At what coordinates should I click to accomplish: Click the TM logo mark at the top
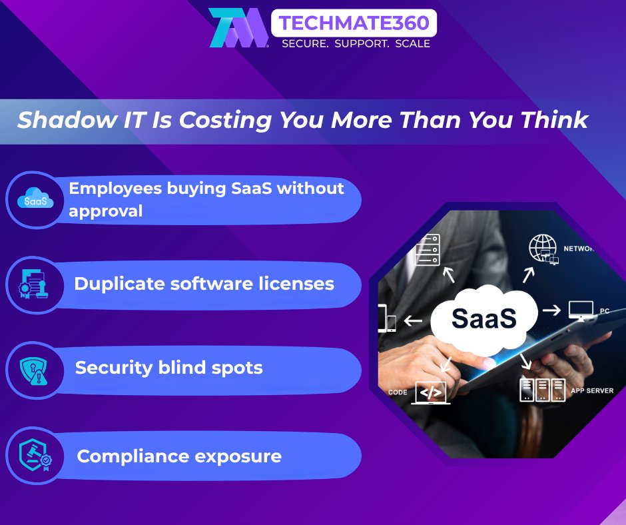(x=238, y=27)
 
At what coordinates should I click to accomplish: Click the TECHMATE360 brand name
(x=354, y=23)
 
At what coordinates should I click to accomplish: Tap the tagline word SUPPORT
(x=362, y=43)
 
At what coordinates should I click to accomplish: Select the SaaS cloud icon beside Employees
(x=35, y=199)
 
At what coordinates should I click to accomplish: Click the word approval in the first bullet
(x=105, y=211)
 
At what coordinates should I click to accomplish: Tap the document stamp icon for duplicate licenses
(x=34, y=284)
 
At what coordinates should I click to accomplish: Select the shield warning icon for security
(x=34, y=370)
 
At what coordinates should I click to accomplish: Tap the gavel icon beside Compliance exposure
(x=35, y=455)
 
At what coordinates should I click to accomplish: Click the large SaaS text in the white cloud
(x=484, y=318)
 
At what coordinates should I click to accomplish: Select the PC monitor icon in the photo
(x=581, y=311)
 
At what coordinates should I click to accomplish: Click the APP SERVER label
(x=592, y=390)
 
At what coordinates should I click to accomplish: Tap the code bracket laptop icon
(x=431, y=393)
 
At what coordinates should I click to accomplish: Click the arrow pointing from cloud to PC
(x=551, y=310)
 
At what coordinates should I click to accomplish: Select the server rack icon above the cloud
(x=427, y=250)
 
